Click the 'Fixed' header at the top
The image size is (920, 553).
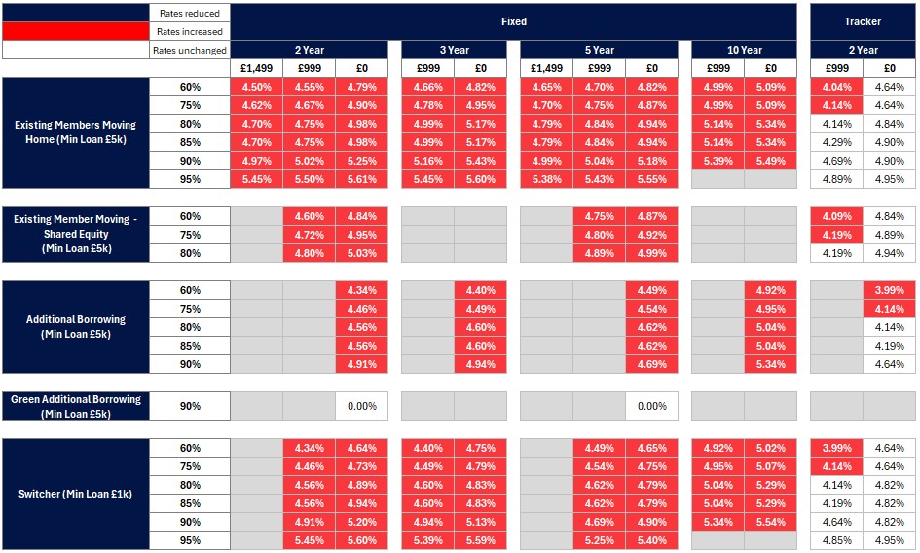[x=514, y=21]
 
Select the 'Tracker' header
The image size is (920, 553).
[x=863, y=21]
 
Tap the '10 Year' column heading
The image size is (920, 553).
[x=744, y=50]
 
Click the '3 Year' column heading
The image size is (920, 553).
[x=454, y=50]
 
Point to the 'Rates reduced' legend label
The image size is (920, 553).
[x=190, y=14]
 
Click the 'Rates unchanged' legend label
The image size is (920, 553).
[x=190, y=51]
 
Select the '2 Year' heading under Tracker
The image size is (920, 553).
[x=863, y=50]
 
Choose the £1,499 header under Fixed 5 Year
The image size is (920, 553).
[x=546, y=68]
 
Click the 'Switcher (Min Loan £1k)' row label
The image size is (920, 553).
[x=76, y=495]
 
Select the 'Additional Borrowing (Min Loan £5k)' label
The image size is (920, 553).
[x=76, y=327]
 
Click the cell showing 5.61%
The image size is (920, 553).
[x=361, y=179]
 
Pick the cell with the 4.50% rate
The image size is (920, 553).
[x=256, y=87]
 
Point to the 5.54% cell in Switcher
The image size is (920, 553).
[x=770, y=522]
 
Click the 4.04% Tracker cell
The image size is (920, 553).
[x=836, y=87]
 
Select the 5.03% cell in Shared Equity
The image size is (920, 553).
[x=361, y=253]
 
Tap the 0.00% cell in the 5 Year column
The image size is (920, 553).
[x=651, y=406]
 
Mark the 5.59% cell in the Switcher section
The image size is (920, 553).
[x=480, y=540]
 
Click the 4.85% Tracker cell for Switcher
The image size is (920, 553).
[x=836, y=540]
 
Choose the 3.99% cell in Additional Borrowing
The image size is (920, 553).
[x=889, y=290]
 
